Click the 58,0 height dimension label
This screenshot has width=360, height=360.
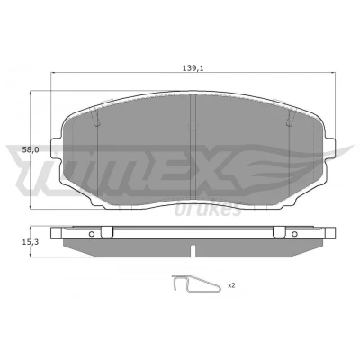(31, 150)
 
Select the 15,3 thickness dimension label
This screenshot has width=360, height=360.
(31, 242)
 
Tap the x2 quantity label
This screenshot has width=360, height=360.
(231, 285)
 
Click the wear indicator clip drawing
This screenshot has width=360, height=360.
(196, 283)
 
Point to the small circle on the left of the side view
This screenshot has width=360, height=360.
(92, 234)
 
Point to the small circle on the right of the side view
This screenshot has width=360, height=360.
(294, 234)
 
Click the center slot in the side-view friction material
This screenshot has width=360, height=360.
(193, 251)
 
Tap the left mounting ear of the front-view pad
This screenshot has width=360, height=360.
(56, 148)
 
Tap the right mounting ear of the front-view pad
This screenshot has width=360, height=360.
(330, 148)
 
